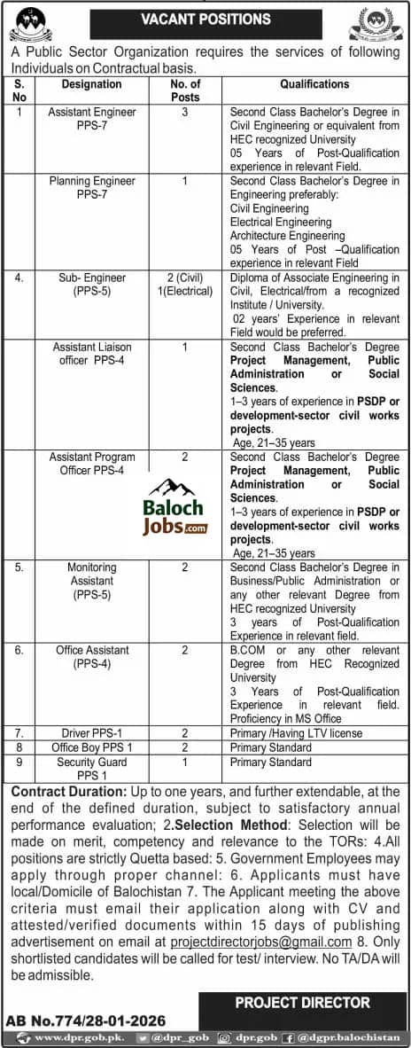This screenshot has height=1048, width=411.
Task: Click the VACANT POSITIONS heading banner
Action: (205, 19)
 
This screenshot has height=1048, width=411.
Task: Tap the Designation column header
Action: (91, 84)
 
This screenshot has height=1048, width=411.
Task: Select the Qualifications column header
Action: (314, 84)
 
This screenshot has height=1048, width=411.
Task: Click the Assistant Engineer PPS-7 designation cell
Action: (91, 120)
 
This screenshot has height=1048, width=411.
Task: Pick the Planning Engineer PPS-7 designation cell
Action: (91, 188)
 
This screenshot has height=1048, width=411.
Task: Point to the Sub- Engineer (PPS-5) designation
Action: (91, 285)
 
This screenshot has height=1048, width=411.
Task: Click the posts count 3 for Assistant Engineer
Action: (184, 113)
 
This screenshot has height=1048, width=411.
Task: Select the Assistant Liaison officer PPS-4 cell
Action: (91, 354)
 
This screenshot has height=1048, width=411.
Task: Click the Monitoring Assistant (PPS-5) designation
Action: (91, 581)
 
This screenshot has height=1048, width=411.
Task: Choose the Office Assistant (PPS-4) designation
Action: (91, 657)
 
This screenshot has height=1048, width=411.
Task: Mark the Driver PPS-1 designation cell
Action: (91, 734)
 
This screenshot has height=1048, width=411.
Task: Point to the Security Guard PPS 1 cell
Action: (91, 768)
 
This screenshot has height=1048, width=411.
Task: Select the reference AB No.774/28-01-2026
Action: (86, 1021)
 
